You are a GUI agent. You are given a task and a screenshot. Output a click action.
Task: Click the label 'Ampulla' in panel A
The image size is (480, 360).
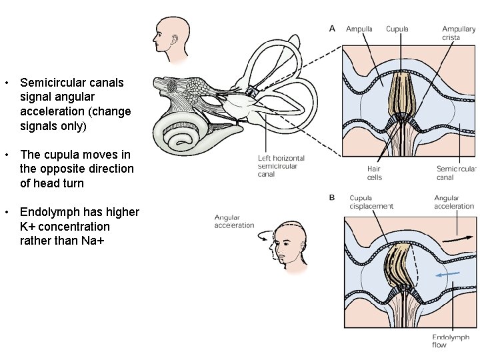(359, 29)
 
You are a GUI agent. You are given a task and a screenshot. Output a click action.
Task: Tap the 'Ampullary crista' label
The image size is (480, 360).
(459, 33)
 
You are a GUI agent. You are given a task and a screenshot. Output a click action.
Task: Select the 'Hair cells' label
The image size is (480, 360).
(374, 173)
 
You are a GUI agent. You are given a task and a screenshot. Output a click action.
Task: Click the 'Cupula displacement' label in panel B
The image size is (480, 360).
(371, 202)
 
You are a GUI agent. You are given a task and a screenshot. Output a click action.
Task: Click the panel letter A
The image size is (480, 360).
(333, 28)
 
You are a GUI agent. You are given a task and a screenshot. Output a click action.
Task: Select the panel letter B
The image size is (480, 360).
(333, 197)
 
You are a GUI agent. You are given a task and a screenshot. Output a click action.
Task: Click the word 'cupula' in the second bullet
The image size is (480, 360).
(61, 155)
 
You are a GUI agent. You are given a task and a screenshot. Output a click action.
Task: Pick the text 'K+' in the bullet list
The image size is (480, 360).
(28, 227)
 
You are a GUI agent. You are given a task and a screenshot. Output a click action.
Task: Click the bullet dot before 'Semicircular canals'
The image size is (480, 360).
(6, 83)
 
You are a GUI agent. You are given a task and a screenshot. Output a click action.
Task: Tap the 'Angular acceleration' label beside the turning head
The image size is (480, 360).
(234, 221)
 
